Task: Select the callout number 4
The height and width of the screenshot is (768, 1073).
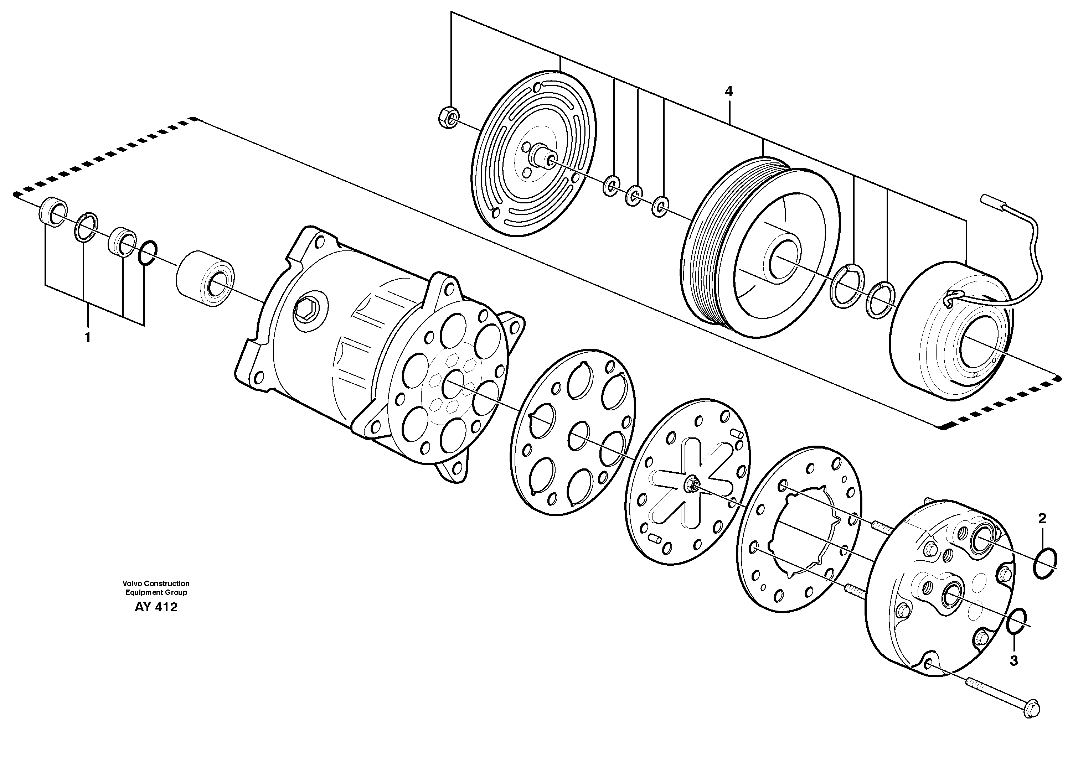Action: [729, 92]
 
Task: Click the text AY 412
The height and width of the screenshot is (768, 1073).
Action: [156, 608]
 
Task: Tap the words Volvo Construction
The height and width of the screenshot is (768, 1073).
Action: [156, 583]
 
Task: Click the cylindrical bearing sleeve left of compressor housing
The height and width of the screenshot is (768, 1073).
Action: [205, 282]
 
